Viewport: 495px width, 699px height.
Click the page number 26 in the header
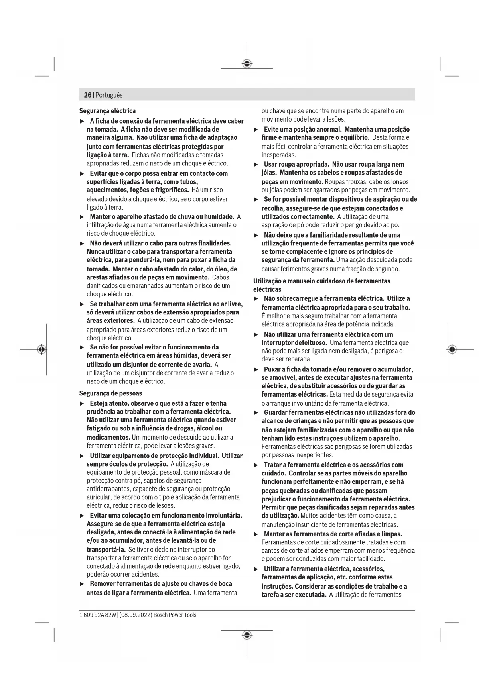pos(87,95)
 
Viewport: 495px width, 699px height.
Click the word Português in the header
pos(109,95)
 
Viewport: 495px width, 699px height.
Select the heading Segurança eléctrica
pos(107,111)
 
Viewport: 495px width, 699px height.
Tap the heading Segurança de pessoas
pos(110,393)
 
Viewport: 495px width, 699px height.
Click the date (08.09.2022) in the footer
pos(136,615)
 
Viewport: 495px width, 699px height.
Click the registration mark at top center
pos(247,64)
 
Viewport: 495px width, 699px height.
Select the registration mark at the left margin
pos(41,349)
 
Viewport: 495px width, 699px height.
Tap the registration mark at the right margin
pos(452,349)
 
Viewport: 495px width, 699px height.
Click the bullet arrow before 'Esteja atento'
pos(82,403)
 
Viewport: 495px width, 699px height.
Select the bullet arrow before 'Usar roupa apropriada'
pos(256,164)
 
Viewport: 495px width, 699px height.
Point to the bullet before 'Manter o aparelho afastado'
pos(82,217)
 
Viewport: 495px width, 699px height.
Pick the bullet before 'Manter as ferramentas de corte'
pos(256,534)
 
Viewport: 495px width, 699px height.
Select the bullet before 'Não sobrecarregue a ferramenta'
pos(256,298)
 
